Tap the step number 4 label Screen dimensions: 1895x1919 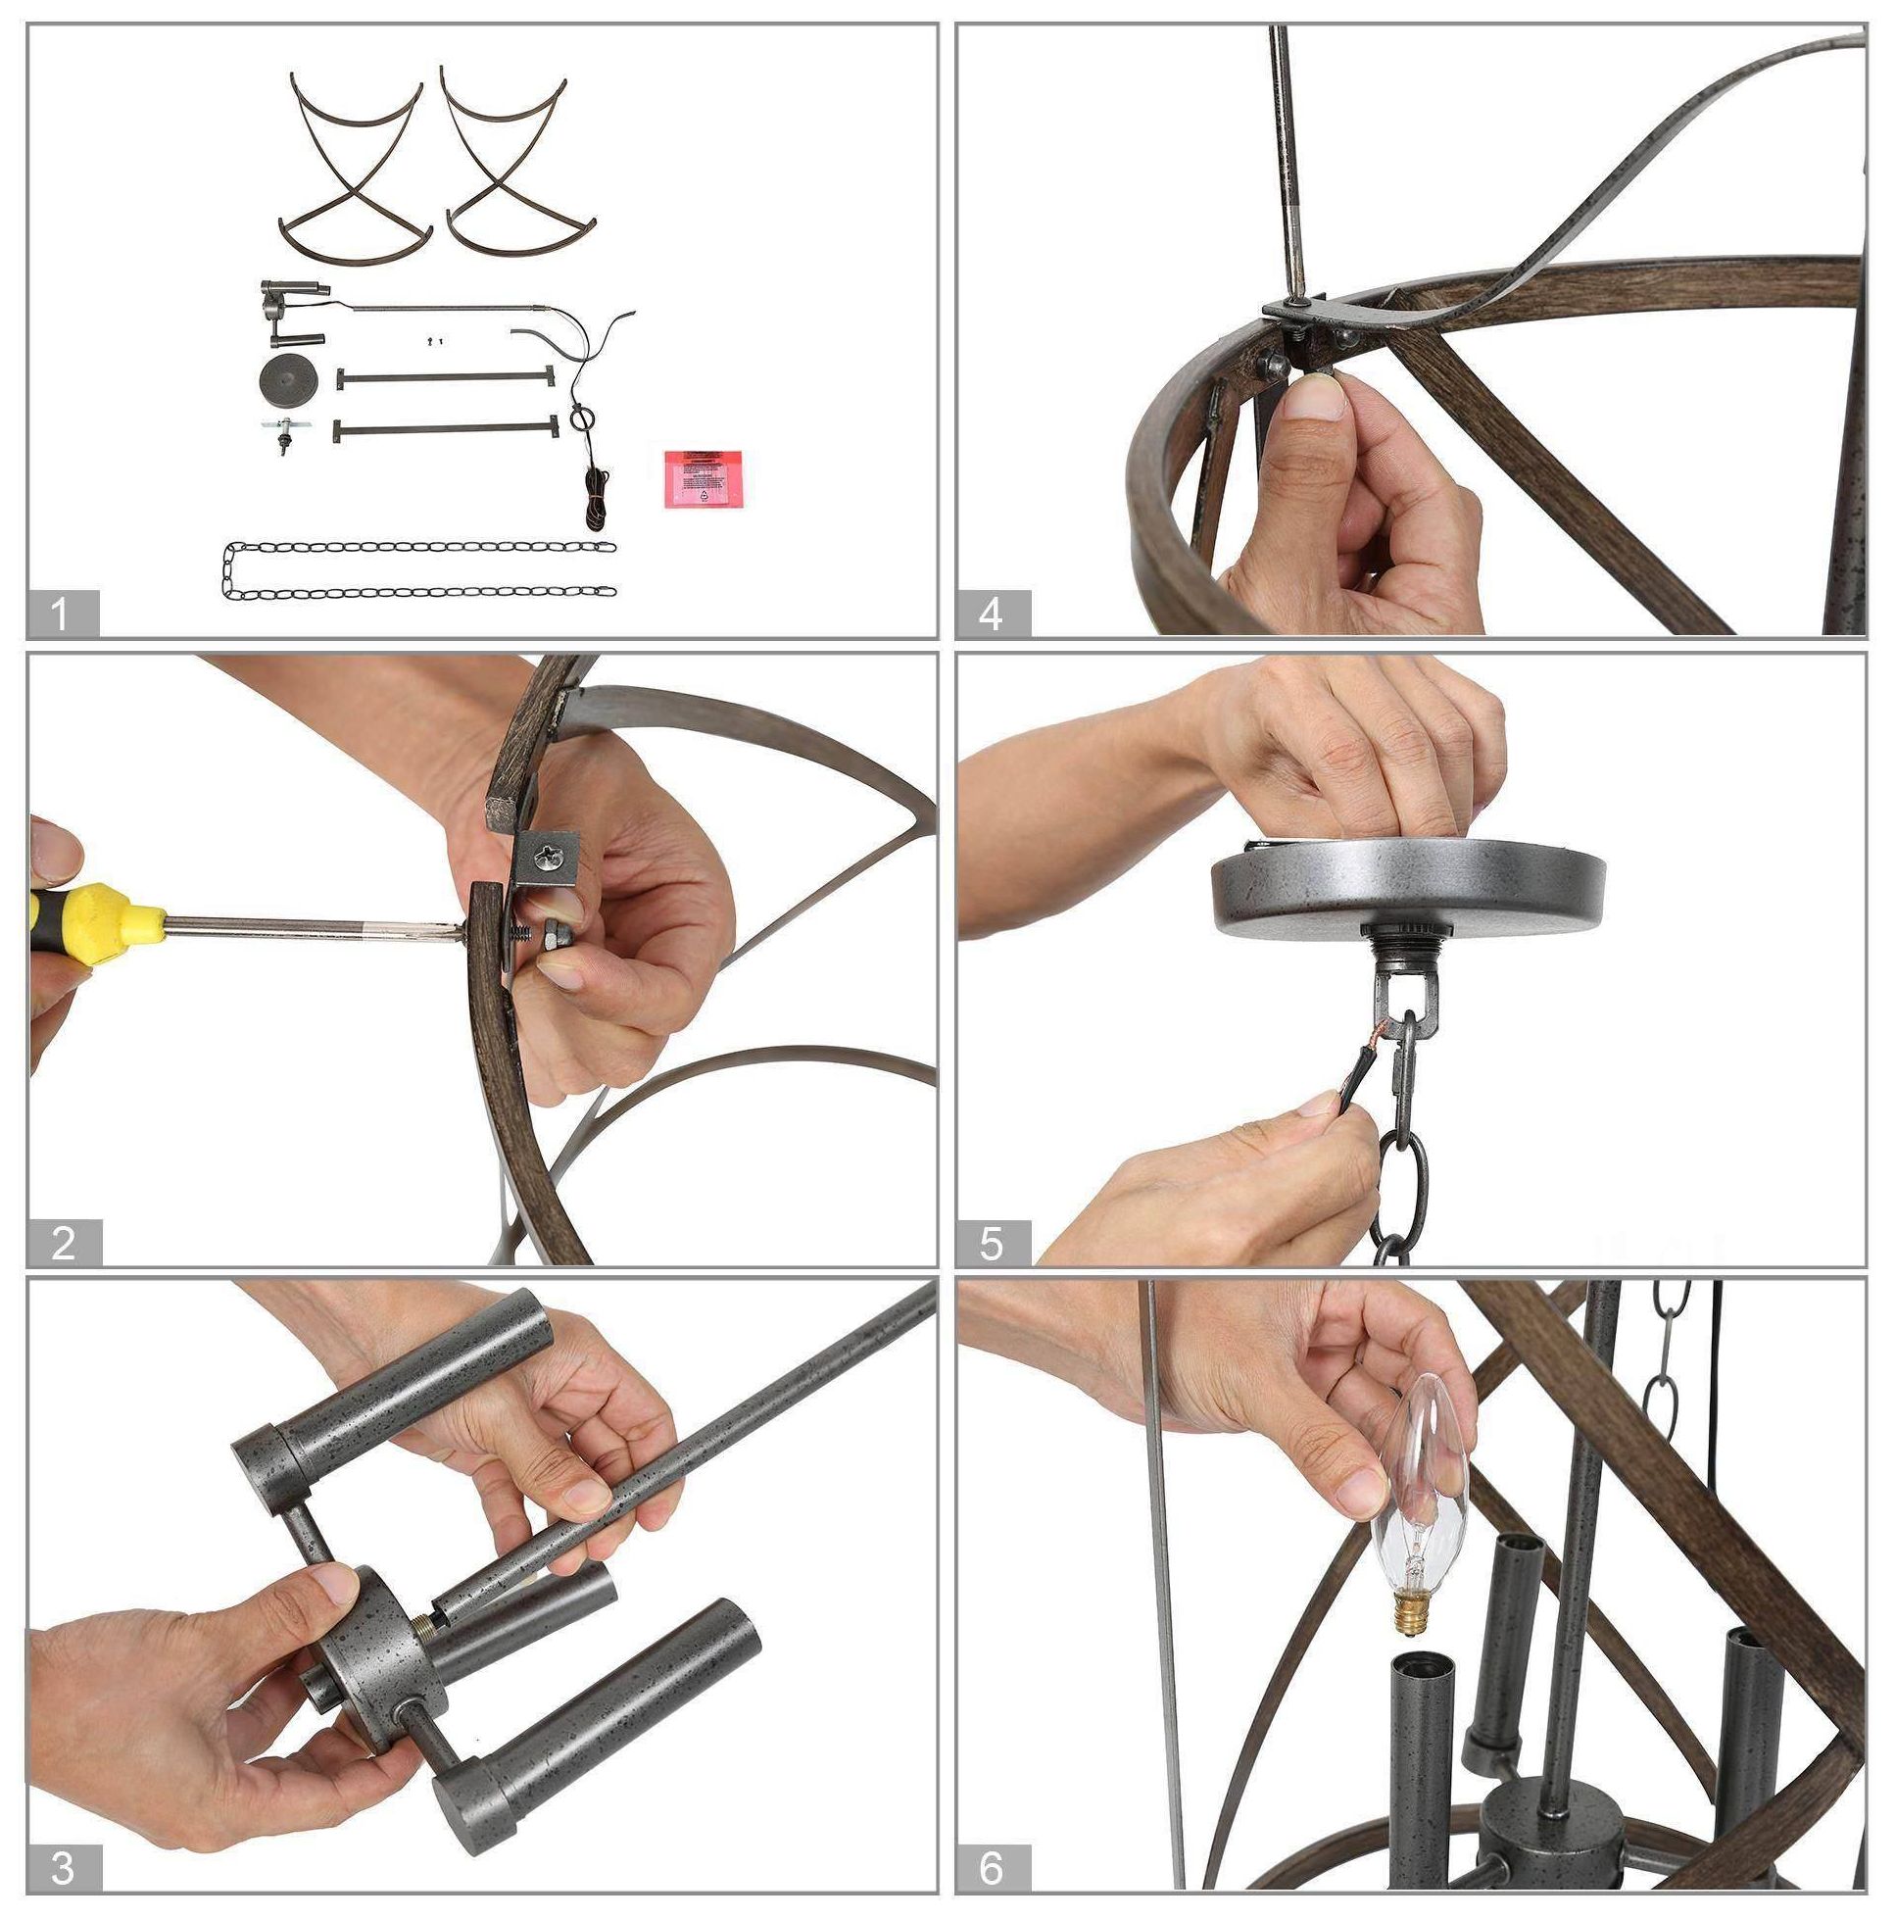pos(993,613)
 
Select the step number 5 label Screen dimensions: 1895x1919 pos(993,1243)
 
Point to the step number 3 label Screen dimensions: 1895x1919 pos(63,1868)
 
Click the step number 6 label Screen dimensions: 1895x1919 pos(993,1868)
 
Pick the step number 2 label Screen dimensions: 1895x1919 pos(63,1243)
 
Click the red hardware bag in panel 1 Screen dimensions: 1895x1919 pos(704,478)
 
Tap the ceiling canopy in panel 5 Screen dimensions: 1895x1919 pos(1408,883)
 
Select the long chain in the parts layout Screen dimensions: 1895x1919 pos(419,569)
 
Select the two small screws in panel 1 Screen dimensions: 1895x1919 pos(433,343)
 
